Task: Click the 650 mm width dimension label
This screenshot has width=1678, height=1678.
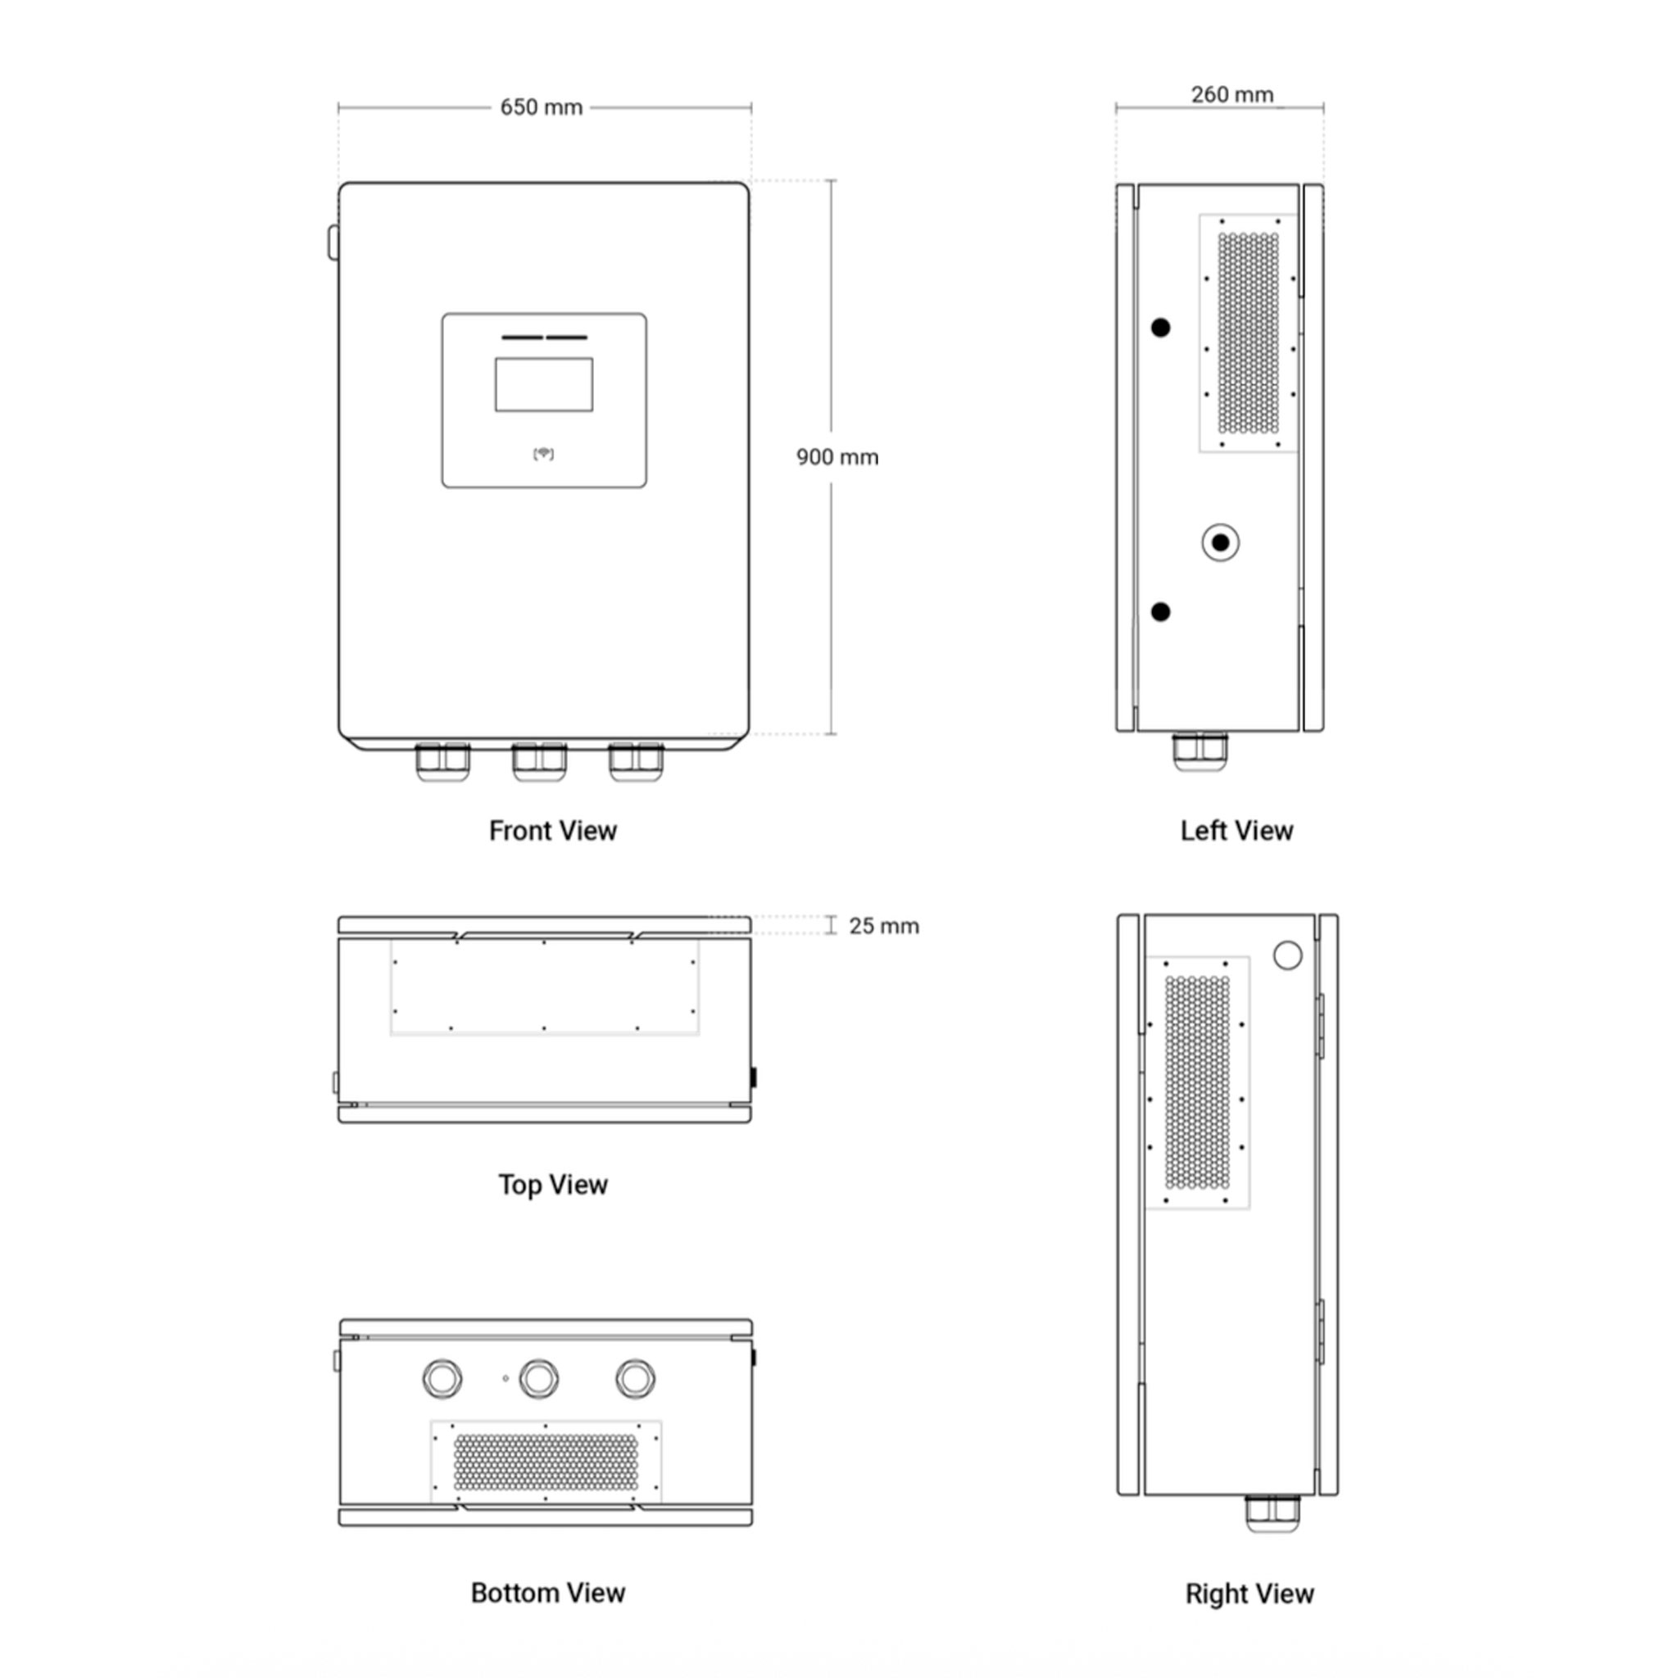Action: tap(541, 107)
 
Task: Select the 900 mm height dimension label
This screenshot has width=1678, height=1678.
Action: tap(837, 457)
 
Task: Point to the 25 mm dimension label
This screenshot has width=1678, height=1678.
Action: tap(884, 926)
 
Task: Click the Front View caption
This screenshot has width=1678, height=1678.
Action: tap(552, 830)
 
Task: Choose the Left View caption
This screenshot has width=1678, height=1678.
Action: tap(1236, 830)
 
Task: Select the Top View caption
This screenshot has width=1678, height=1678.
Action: tap(552, 1185)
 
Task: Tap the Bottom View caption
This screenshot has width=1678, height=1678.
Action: tap(547, 1593)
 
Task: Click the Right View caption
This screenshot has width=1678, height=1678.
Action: tap(1249, 1594)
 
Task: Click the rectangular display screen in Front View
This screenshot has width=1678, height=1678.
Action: tap(544, 384)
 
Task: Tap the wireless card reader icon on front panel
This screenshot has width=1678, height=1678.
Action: tap(544, 453)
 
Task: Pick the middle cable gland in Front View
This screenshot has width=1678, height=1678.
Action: tap(538, 762)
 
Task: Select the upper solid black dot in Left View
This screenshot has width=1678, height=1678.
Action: tap(1160, 328)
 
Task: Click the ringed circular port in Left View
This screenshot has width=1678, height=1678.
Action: tap(1220, 543)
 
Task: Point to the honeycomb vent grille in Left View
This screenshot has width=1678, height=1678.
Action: tap(1248, 333)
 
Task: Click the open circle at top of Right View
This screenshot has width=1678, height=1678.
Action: tap(1287, 955)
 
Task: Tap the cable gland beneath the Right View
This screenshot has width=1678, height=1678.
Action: tap(1272, 1513)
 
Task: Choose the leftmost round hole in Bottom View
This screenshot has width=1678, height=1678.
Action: tap(442, 1378)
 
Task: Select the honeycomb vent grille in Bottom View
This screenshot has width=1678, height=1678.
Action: tap(546, 1462)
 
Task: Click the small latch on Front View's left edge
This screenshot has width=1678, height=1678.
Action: tap(333, 243)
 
